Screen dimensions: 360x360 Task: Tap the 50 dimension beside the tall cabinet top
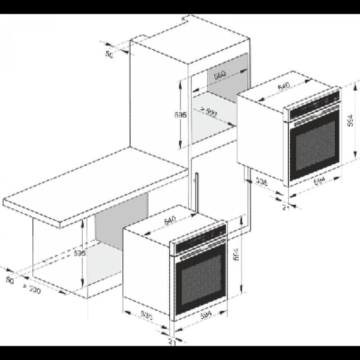coord(109,55)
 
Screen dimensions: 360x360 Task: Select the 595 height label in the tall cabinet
coord(181,114)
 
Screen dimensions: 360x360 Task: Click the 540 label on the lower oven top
coord(169,221)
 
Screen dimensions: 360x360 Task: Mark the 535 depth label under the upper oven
coord(261,180)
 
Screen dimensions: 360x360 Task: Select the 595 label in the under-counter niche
coord(80,254)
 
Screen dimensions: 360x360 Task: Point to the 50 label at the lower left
coord(10,280)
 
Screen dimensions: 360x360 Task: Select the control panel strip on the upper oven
coord(311,104)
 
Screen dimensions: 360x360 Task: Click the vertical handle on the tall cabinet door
coord(196,190)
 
